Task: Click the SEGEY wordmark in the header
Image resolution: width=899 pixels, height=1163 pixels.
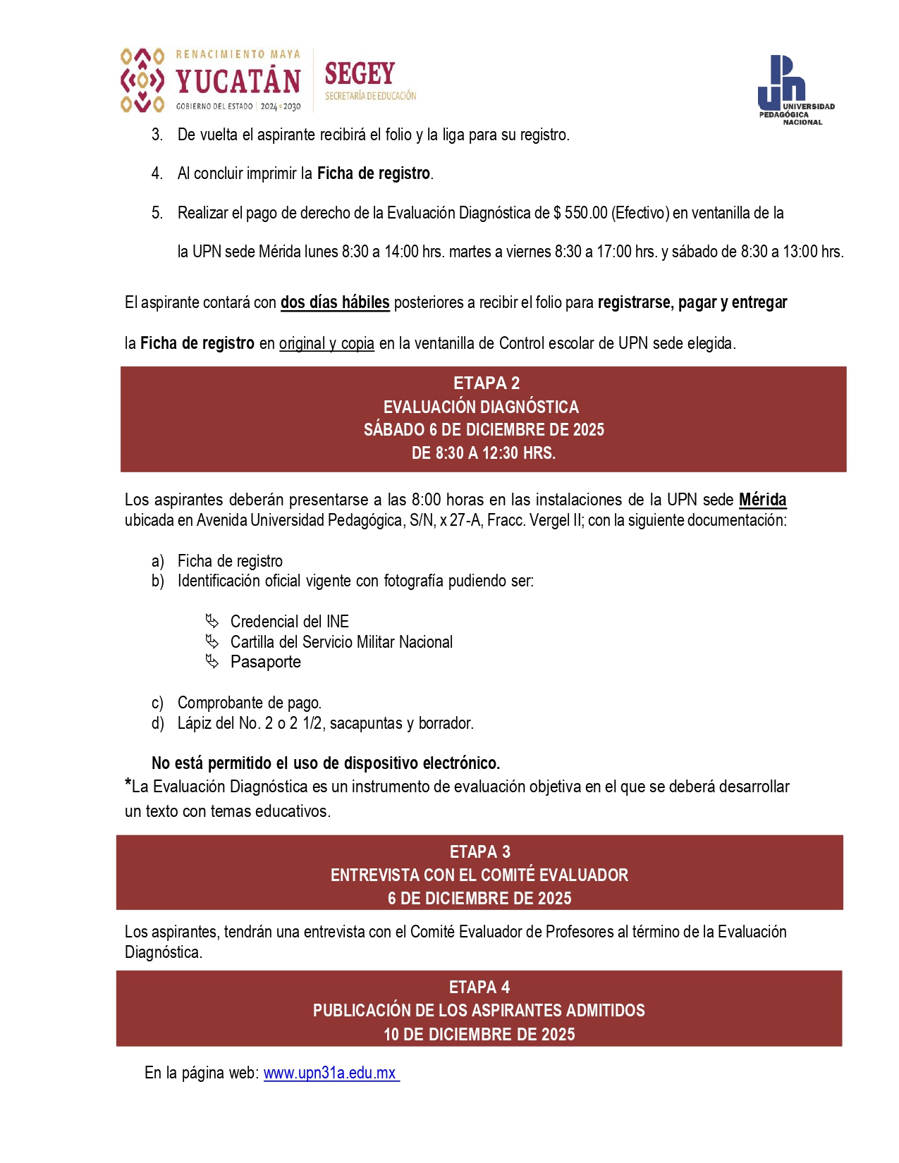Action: (360, 74)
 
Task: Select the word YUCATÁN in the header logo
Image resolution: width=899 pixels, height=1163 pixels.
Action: (238, 82)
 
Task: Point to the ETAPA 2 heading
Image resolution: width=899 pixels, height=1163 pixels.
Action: (486, 383)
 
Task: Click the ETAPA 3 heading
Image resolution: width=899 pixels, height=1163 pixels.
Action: (479, 851)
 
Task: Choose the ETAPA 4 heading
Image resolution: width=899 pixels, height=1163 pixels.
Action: (479, 987)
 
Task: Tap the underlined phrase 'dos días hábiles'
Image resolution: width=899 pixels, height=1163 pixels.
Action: (335, 302)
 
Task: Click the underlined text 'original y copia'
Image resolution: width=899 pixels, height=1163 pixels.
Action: (326, 343)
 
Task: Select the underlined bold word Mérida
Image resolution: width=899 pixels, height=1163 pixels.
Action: (762, 500)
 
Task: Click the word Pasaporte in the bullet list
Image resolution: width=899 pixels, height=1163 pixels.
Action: (265, 662)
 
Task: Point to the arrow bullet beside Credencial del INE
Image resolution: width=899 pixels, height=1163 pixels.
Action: (212, 621)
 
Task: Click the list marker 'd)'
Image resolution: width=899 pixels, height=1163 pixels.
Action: (157, 723)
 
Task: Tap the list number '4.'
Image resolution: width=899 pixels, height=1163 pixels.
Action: (157, 173)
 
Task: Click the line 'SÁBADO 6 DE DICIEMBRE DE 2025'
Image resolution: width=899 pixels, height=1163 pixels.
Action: (484, 430)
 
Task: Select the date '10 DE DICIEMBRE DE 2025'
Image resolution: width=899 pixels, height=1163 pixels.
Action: (479, 1034)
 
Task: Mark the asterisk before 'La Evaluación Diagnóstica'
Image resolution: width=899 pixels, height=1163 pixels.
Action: (128, 783)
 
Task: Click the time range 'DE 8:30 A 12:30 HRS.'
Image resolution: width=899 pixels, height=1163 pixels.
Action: (484, 453)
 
